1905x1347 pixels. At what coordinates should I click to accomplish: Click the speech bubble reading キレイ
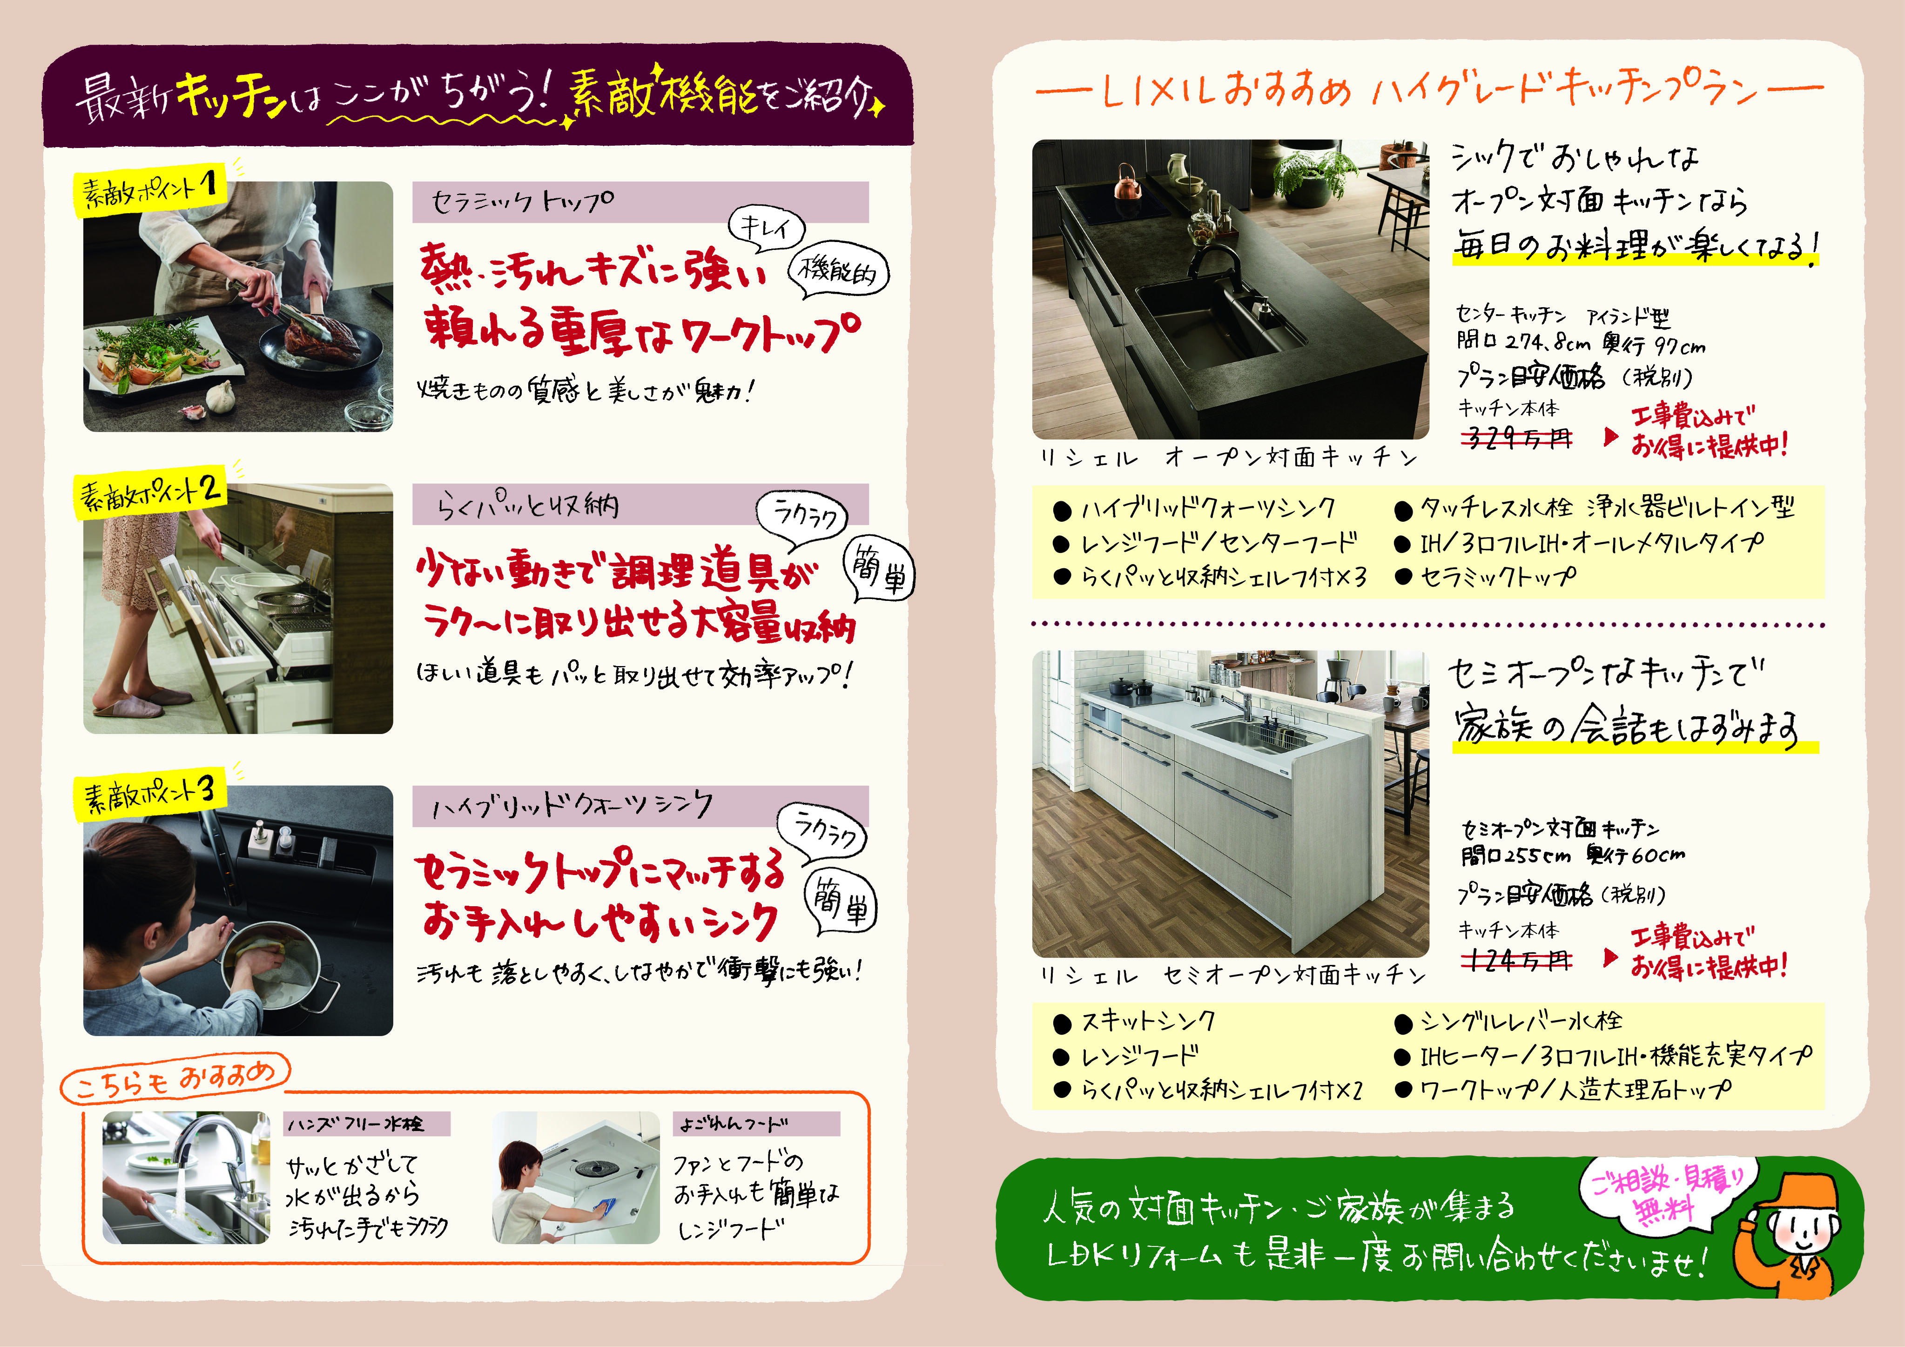coord(766,228)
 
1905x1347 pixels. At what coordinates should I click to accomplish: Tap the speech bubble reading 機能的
coord(838,270)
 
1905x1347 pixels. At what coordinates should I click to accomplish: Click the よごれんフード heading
coord(755,1124)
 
